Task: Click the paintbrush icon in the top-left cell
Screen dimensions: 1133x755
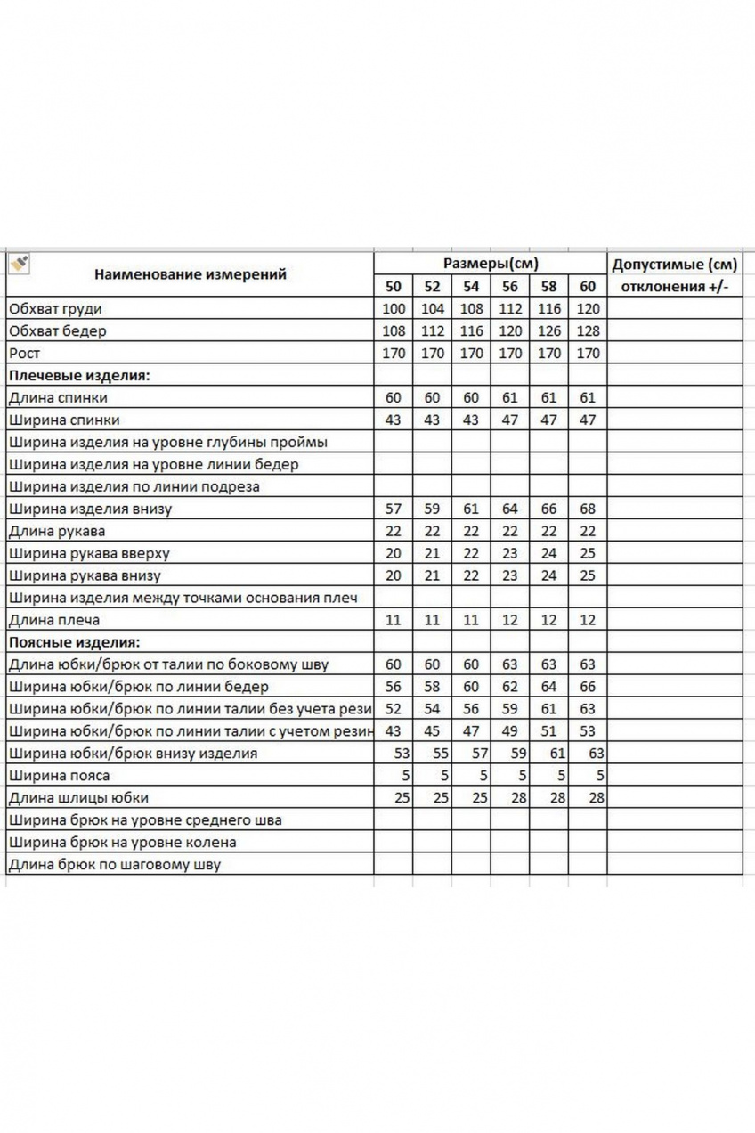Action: point(19,263)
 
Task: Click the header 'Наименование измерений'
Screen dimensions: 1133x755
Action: point(191,274)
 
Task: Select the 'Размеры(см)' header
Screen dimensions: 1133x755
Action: point(491,264)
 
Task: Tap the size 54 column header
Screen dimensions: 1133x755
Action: point(471,287)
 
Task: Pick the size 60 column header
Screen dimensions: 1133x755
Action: point(588,287)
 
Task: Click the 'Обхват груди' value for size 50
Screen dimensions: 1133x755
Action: point(393,309)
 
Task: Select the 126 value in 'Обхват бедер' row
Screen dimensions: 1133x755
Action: point(549,331)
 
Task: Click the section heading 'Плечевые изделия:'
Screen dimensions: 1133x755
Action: point(79,375)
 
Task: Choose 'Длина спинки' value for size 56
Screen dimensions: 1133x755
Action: point(510,398)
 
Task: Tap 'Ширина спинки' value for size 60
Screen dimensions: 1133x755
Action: point(588,420)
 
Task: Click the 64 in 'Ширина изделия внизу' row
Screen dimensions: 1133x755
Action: point(510,509)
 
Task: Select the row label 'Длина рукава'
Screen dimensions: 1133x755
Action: point(56,532)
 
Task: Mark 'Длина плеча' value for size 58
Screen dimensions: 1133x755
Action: point(549,620)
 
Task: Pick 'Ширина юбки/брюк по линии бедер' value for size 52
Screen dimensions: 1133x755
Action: point(432,687)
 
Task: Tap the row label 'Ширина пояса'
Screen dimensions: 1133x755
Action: point(59,776)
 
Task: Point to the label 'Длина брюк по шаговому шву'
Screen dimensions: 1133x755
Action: point(114,864)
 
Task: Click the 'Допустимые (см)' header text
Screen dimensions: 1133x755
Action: point(676,264)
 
